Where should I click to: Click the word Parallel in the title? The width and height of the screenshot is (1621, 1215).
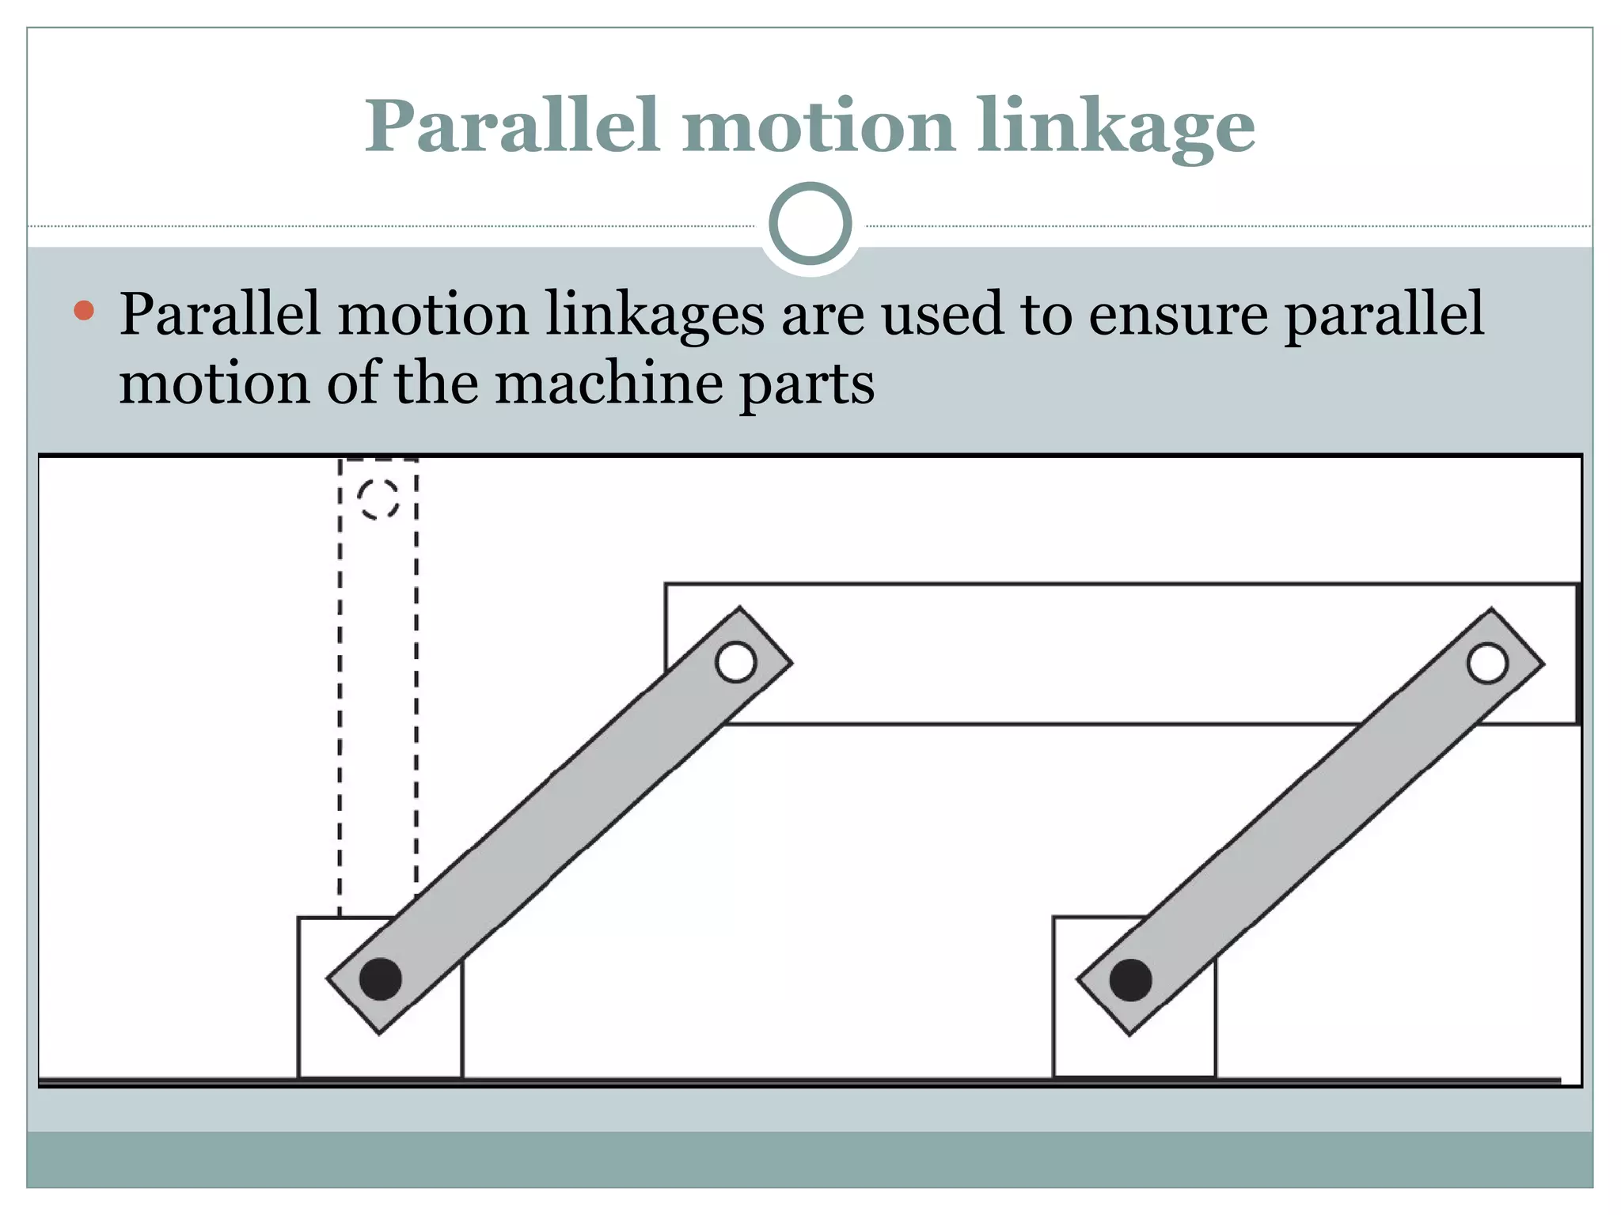point(511,127)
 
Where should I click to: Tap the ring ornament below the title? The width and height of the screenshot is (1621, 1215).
point(810,224)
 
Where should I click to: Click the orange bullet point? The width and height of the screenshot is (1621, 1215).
point(84,310)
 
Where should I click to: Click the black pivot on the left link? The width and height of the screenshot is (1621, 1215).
point(381,979)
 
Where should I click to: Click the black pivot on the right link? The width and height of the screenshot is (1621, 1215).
point(1130,980)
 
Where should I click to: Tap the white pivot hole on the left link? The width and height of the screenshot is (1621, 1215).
point(735,662)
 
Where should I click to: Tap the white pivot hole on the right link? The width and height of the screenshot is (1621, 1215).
point(1487,663)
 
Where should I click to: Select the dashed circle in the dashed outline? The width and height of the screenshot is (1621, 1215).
point(378,499)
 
